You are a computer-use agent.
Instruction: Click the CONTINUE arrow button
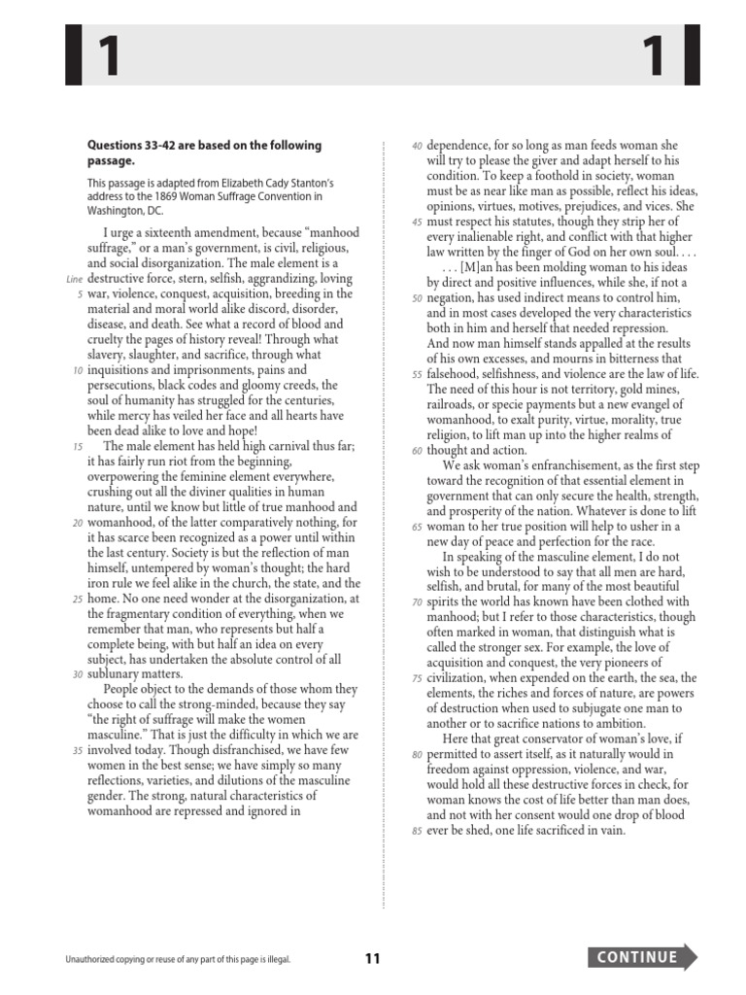pyautogui.click(x=642, y=957)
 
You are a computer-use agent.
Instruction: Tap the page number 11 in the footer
pyautogui.click(x=373, y=959)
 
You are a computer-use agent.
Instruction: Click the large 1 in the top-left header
pyautogui.click(x=107, y=57)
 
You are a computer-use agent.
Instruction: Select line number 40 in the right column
pyautogui.click(x=417, y=146)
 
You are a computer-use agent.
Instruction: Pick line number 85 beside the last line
pyautogui.click(x=417, y=832)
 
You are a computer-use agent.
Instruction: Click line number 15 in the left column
pyautogui.click(x=77, y=446)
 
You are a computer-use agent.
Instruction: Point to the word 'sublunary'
pyautogui.click(x=116, y=672)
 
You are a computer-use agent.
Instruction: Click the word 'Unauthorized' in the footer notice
pyautogui.click(x=92, y=959)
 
